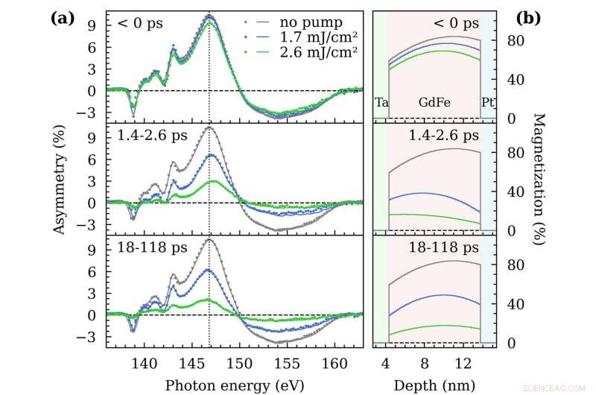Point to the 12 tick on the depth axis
(463, 363)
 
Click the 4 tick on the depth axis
(386, 363)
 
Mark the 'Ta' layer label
(381, 101)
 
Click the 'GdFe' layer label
(434, 101)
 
